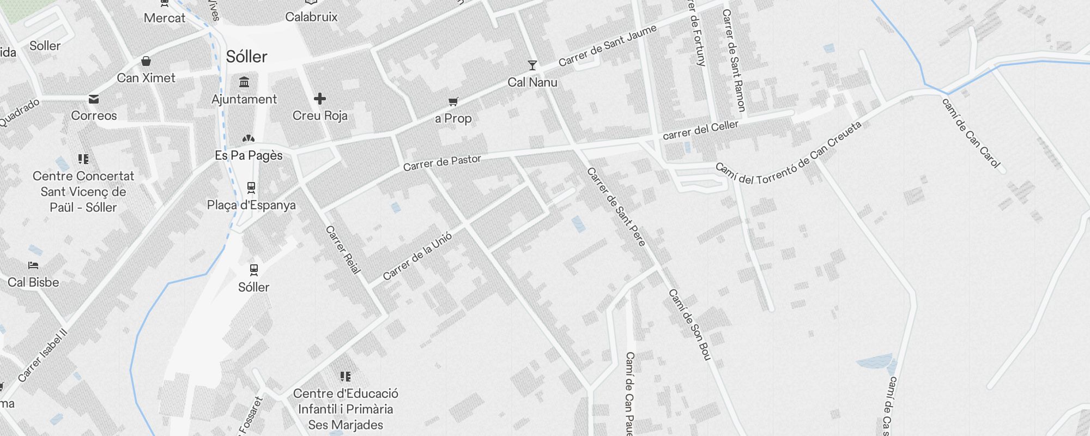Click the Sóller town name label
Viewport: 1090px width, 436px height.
coord(246,57)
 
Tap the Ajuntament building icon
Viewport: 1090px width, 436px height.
coord(244,82)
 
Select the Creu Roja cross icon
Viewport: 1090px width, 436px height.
coord(320,99)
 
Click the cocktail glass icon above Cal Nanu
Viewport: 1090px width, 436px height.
coord(532,65)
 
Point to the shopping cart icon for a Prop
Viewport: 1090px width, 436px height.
coord(453,101)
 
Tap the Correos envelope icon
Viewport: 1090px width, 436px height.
coord(94,99)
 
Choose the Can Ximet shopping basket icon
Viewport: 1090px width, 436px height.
coord(146,61)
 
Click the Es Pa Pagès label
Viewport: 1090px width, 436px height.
coord(249,155)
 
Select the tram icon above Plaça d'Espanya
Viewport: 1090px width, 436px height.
coord(251,187)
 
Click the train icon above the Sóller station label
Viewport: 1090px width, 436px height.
coord(254,269)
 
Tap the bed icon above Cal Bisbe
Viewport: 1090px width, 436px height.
coord(33,265)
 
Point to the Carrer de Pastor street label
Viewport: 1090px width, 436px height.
coord(442,162)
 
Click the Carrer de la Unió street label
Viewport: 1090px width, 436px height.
coord(417,256)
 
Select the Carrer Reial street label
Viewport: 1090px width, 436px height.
coord(343,250)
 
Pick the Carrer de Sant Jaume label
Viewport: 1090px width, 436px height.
coord(608,46)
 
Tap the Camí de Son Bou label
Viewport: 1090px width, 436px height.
coord(690,325)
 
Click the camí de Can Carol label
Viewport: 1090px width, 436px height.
coord(971,133)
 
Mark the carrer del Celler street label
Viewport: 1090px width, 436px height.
coord(700,130)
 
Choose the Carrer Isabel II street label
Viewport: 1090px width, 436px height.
coord(43,355)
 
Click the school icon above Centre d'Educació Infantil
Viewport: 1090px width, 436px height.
coord(346,377)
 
